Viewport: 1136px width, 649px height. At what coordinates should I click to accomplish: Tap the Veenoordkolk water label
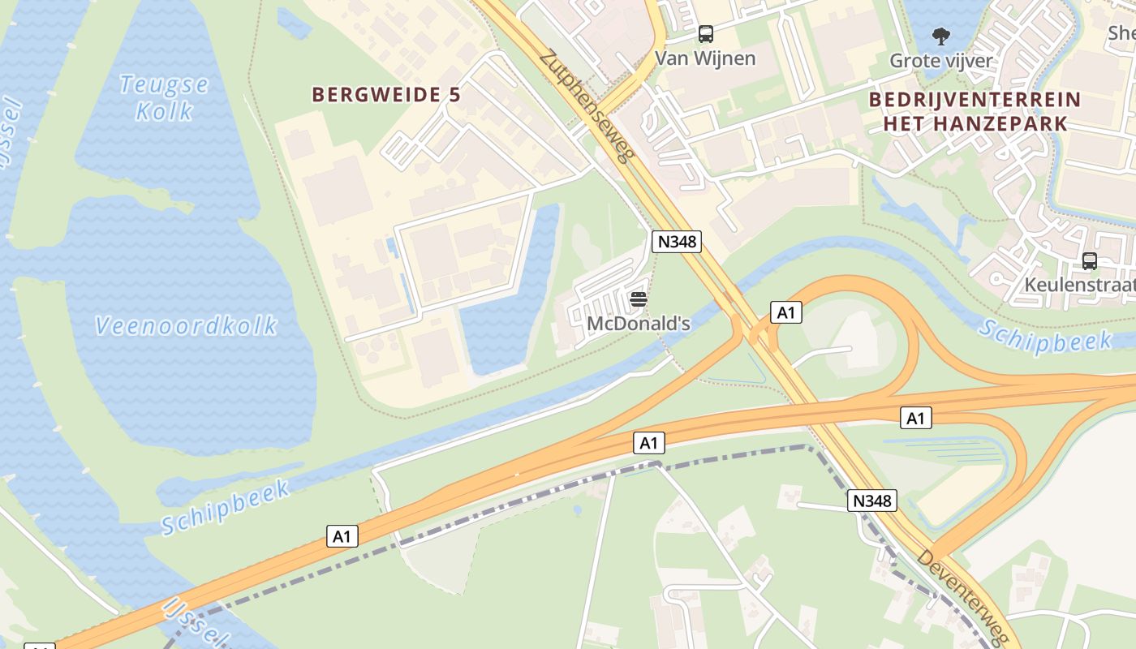186,326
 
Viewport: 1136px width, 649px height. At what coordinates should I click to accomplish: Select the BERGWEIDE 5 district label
386,95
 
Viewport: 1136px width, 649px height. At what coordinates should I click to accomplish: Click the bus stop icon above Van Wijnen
706,34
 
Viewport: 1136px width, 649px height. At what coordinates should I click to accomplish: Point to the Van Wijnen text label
705,58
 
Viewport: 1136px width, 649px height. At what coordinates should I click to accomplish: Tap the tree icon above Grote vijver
941,37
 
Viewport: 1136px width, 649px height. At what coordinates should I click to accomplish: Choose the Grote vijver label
940,61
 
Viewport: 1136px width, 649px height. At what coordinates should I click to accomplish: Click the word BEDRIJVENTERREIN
975,100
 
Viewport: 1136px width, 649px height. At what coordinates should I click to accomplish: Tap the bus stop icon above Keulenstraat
1089,261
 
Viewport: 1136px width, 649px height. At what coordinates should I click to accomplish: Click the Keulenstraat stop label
1079,286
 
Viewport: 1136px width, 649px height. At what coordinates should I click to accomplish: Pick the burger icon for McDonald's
639,300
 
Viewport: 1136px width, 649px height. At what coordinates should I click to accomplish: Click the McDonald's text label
639,324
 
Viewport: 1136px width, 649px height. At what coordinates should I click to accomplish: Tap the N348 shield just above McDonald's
676,241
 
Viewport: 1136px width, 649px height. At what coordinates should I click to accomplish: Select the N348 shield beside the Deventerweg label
873,501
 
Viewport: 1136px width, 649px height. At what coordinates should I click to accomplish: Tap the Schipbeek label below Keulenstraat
1032,336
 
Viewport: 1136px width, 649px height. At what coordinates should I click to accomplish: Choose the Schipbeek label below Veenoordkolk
225,507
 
